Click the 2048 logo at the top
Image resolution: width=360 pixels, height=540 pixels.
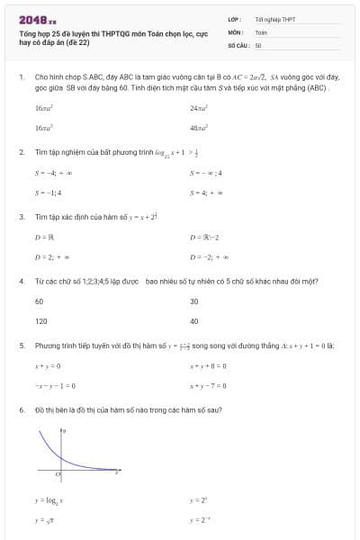coord(37,19)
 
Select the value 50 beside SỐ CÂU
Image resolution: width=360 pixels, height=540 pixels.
coord(258,44)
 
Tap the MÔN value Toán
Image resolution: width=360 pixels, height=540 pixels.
coord(261,31)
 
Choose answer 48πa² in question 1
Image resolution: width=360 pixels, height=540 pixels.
coord(199,129)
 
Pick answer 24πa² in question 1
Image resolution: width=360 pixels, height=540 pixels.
coord(199,108)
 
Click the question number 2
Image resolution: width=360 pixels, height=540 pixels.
coord(21,152)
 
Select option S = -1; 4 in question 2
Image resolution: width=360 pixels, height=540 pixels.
coord(48,193)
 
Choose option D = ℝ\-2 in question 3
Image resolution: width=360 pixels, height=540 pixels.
coord(206,238)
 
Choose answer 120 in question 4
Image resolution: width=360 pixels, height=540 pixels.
coord(40,320)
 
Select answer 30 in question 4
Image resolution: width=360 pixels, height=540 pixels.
coord(194,301)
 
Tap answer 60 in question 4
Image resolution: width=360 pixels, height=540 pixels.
coord(40,301)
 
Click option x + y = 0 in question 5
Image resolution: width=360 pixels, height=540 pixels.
coord(48,366)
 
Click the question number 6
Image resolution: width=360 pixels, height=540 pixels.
coord(21,410)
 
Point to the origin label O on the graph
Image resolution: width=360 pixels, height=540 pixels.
coord(58,472)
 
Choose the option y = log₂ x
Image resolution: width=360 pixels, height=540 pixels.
coord(49,499)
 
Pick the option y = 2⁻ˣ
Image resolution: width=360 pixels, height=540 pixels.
coord(200,520)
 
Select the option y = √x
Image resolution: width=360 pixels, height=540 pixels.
coord(45,520)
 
